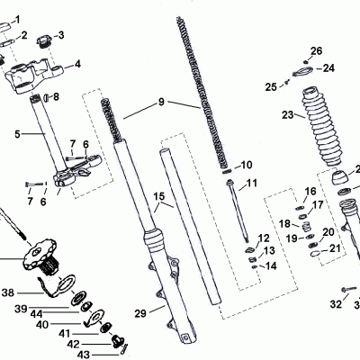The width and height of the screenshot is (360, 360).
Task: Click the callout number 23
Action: point(287,114)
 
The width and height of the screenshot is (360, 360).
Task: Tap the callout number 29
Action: point(139,312)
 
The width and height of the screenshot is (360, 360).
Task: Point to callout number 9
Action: point(161,102)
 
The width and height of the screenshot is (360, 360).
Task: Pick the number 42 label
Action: point(73,345)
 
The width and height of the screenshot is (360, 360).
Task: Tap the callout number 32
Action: point(335,304)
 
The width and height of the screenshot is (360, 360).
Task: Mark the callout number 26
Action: point(316,50)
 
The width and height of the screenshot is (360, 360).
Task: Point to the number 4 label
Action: point(77,64)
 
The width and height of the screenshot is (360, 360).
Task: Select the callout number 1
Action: point(47,19)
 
